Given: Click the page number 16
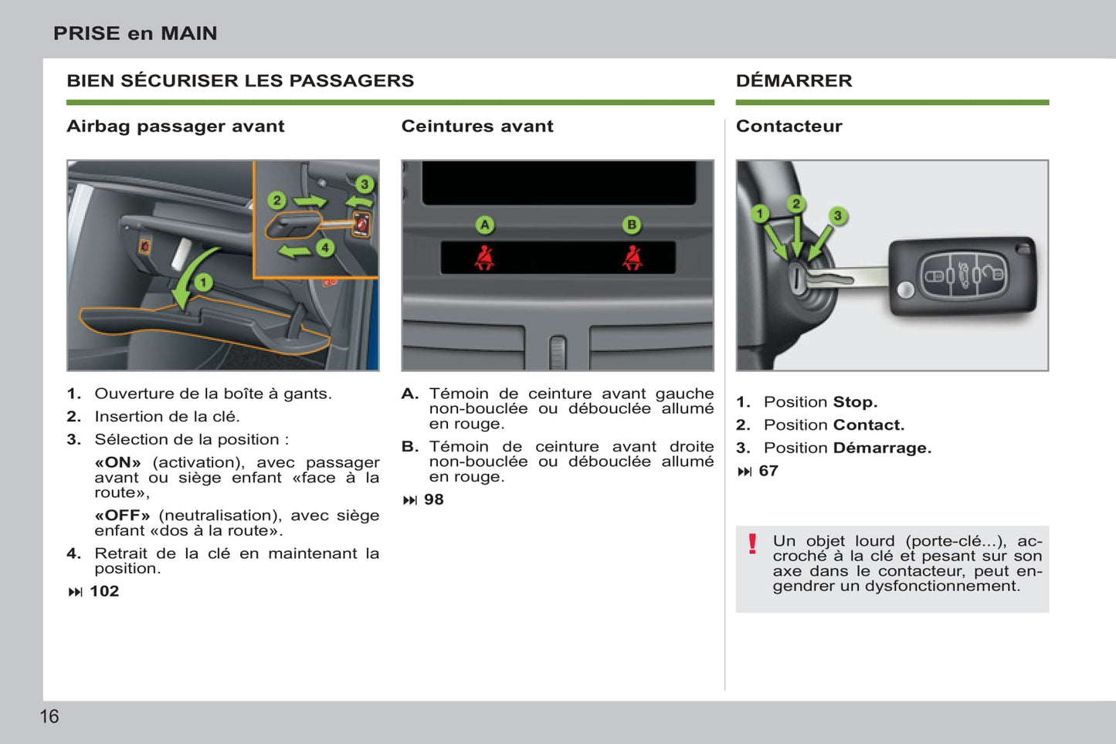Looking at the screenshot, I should [x=49, y=716].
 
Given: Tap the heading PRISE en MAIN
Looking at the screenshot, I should [x=135, y=33].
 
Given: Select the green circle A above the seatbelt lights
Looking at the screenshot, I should [x=484, y=225].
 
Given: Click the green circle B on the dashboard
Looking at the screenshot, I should [x=632, y=225].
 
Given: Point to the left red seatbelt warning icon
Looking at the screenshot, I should [x=485, y=258].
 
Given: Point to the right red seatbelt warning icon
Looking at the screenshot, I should [x=633, y=258].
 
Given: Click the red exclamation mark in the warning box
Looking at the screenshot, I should [x=752, y=544].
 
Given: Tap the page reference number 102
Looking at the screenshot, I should [x=104, y=591].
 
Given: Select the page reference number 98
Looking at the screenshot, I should [x=434, y=499].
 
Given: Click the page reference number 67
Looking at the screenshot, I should [x=768, y=471].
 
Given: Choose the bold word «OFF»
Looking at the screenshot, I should [x=122, y=515].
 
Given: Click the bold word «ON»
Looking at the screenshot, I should [x=118, y=462].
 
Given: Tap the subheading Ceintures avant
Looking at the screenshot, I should [x=477, y=126].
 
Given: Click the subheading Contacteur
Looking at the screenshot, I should [x=789, y=126].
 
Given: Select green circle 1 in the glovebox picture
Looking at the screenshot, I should [x=203, y=282].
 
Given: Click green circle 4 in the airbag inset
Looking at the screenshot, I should [x=325, y=248].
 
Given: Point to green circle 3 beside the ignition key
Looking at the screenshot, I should [x=837, y=216].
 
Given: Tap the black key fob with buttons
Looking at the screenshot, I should [x=962, y=276].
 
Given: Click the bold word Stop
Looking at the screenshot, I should [x=855, y=402].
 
